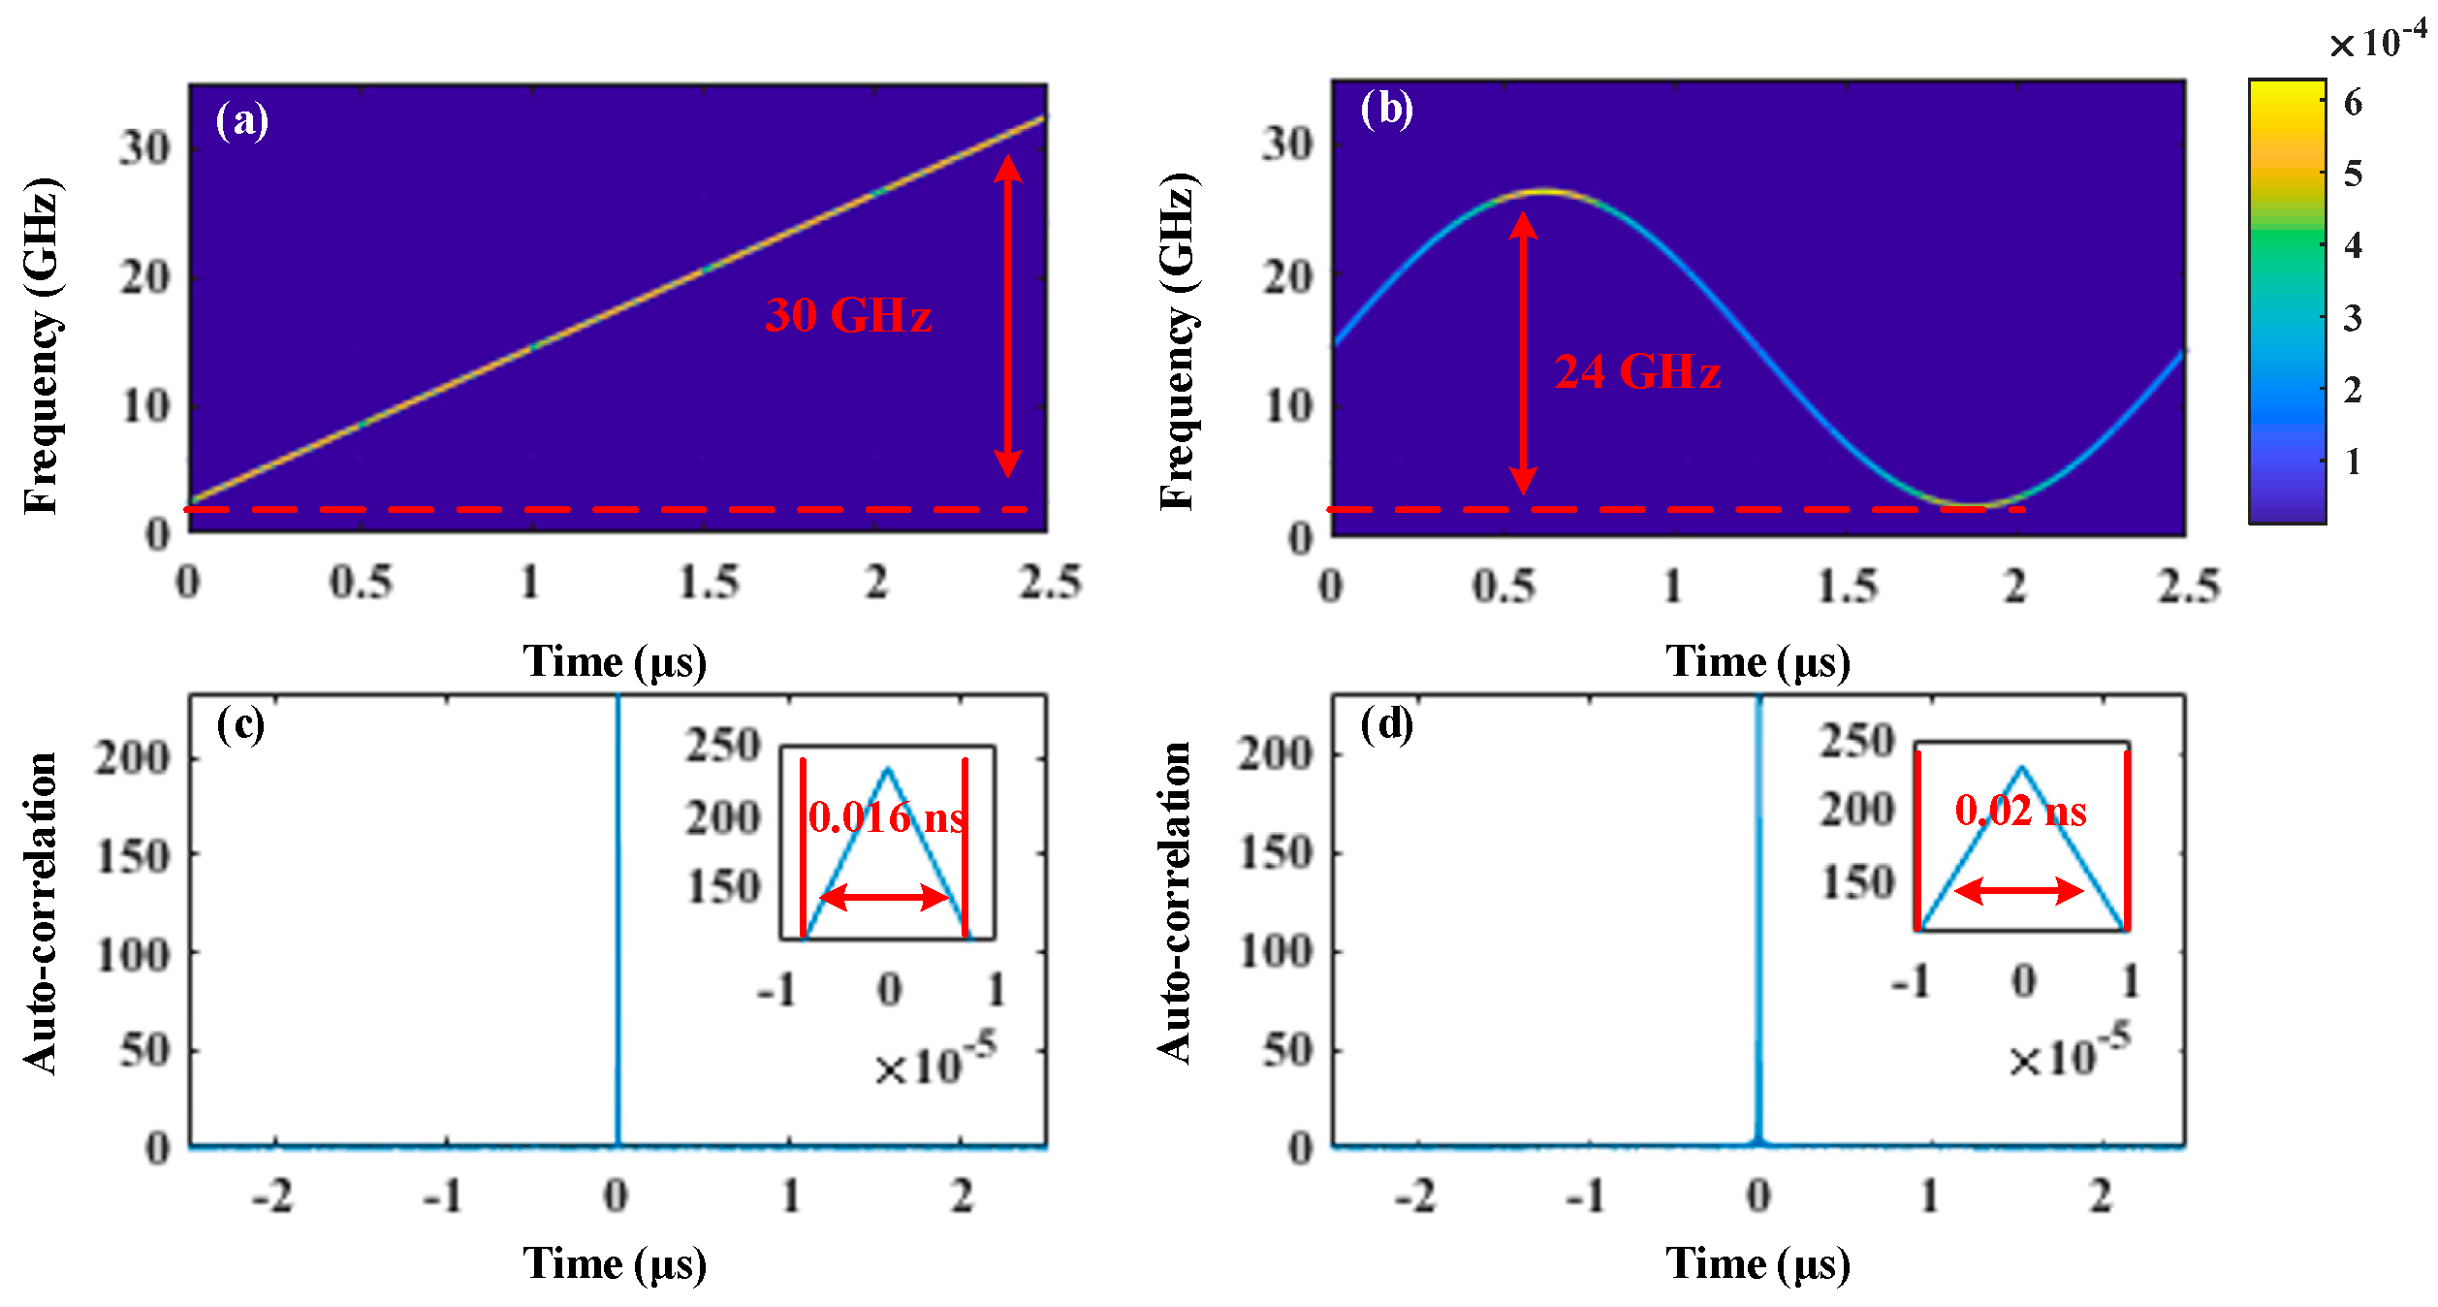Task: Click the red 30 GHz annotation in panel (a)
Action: click(x=848, y=315)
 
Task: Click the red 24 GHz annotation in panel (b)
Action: click(x=1637, y=371)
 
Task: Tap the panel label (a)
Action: click(x=241, y=120)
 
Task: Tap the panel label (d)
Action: click(x=1386, y=723)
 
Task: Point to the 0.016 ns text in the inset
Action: click(x=886, y=817)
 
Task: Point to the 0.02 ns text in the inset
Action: click(x=2020, y=811)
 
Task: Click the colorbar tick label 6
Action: click(x=2353, y=103)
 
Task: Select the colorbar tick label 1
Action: click(x=2353, y=462)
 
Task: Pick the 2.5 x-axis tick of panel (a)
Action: click(x=1050, y=583)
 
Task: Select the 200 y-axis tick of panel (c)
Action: click(x=133, y=757)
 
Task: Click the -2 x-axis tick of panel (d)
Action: click(x=1415, y=1196)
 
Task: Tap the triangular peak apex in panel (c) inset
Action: click(x=887, y=770)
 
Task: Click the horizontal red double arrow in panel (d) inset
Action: click(x=2018, y=890)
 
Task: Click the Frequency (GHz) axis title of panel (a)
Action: click(x=43, y=346)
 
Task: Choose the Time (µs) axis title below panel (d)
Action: click(x=1757, y=1264)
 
